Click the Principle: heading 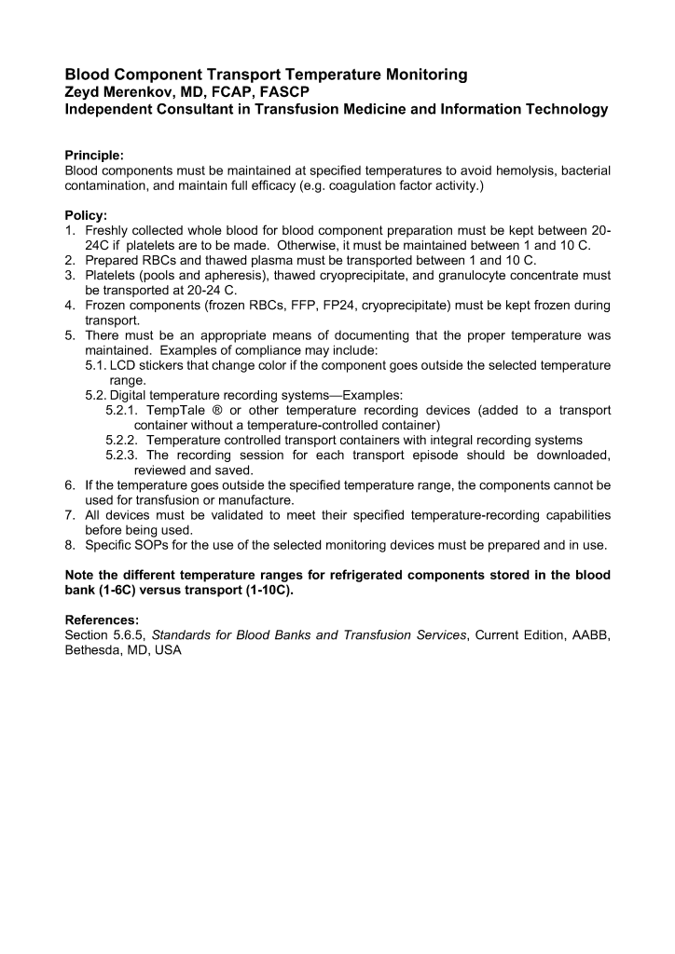click(94, 155)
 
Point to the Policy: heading click(86, 214)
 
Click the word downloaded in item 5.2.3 click(570, 455)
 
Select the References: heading click(102, 620)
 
